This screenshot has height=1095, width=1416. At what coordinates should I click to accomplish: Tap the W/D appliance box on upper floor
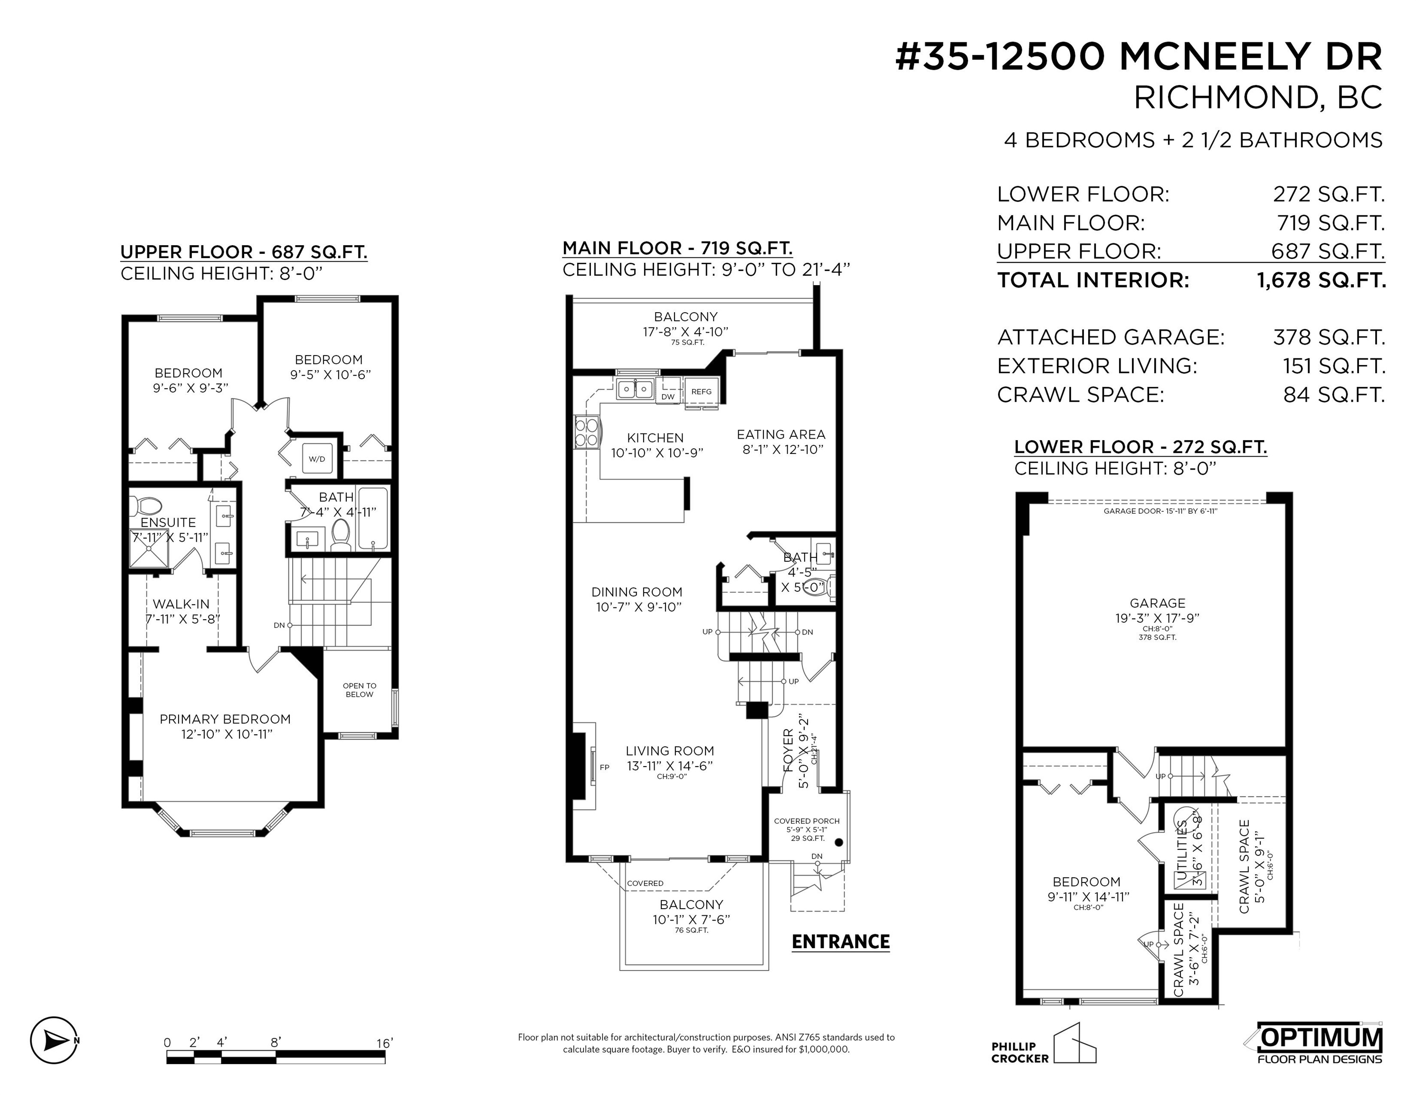point(317,459)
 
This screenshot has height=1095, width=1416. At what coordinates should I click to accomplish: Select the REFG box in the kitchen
point(702,391)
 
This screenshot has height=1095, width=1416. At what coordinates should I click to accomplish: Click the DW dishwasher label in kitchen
point(668,396)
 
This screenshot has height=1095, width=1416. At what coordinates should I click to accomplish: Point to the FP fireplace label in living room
point(604,768)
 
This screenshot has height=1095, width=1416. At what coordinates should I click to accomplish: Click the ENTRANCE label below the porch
point(841,941)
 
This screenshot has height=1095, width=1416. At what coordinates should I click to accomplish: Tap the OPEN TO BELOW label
point(359,690)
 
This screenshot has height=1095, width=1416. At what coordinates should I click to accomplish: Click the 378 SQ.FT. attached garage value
point(1329,337)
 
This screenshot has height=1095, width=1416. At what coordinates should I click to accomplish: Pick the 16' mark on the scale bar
point(384,1043)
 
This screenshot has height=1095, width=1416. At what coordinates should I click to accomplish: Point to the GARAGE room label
point(1157,603)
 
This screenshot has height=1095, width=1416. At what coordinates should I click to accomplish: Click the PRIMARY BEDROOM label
point(225,719)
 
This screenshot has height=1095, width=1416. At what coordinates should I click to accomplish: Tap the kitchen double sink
point(635,389)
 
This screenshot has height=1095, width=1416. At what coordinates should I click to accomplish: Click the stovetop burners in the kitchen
point(586,432)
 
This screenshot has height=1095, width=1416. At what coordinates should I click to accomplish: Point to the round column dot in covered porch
point(838,843)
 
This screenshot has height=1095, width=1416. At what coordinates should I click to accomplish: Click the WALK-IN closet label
point(181,604)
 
